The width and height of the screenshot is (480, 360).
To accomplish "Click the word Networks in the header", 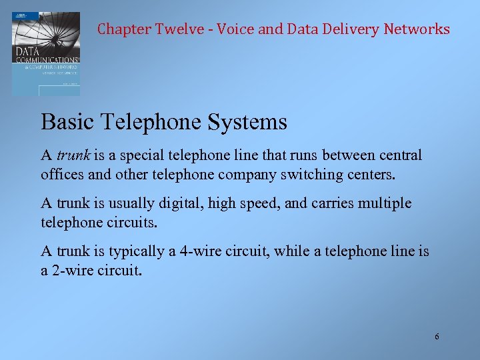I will [417, 29].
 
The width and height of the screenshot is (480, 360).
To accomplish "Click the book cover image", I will [45, 53].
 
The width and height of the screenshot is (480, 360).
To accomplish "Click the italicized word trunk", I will [73, 155].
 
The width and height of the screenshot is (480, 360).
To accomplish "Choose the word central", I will [399, 155].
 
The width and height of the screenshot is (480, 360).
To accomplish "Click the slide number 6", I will [437, 337].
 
